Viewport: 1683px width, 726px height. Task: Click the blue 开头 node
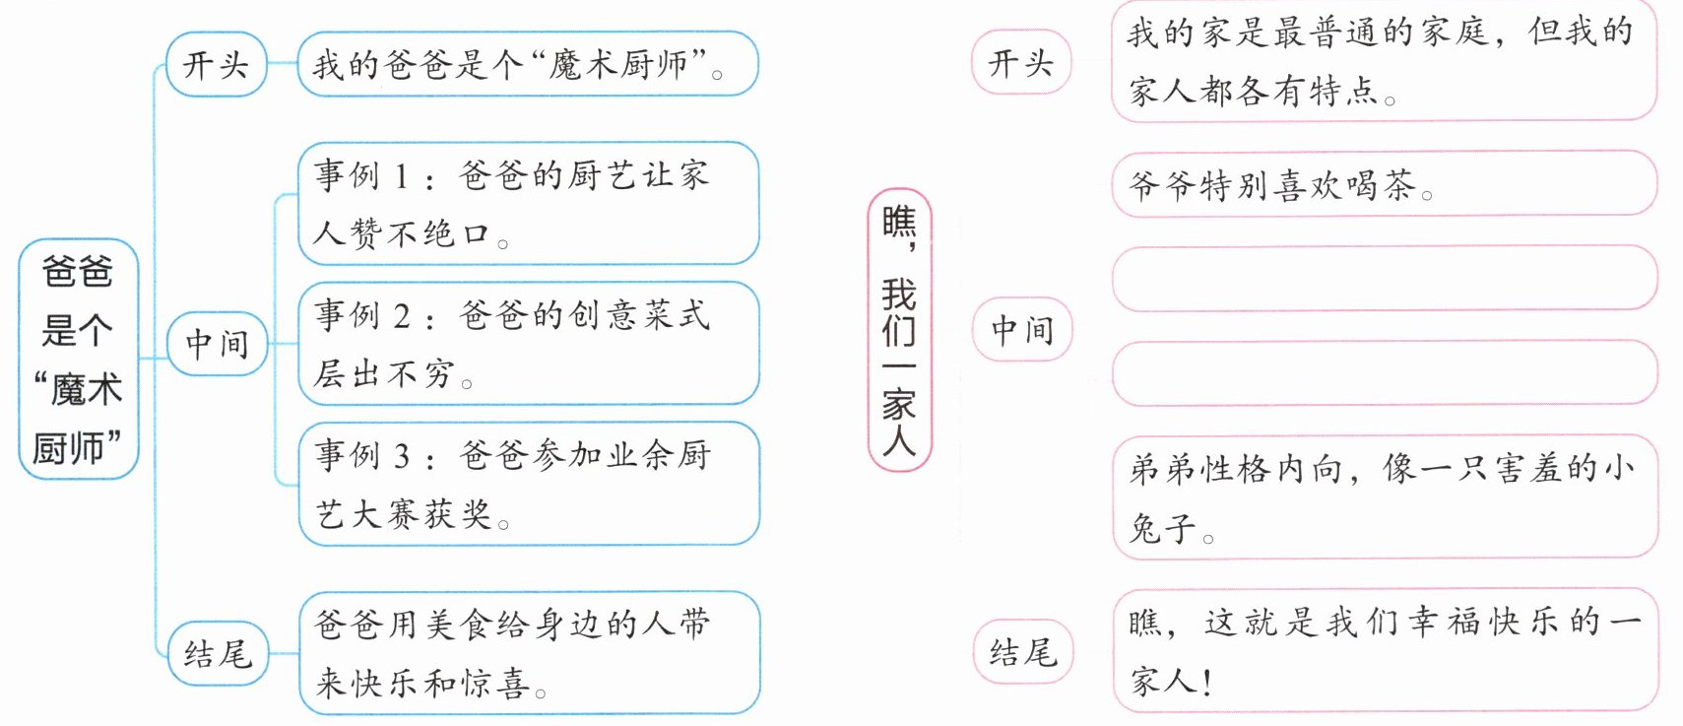pos(216,65)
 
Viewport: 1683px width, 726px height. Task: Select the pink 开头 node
pos(1021,63)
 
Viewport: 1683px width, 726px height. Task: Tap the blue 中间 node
pos(217,344)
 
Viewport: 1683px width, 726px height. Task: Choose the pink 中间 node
pos(1021,329)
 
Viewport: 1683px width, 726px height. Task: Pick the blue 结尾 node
pos(217,653)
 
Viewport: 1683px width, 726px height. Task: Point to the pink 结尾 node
pos(1021,651)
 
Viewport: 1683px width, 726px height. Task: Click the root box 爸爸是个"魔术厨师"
pos(78,360)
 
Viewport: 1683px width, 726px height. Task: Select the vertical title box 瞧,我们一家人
pos(899,330)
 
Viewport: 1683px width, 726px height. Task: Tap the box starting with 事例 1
pos(529,204)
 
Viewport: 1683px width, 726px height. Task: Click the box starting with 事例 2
pos(529,344)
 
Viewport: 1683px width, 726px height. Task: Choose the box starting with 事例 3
pos(529,484)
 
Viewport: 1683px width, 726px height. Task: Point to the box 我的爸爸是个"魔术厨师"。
pos(528,65)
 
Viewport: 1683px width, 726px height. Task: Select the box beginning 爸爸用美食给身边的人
pos(529,652)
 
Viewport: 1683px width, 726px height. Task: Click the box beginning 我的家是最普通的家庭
pos(1384,61)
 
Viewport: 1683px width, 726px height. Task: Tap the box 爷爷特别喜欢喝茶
pos(1384,184)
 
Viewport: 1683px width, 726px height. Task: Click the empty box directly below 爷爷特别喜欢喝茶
pos(1384,279)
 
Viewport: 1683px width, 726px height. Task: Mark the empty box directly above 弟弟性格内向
pos(1384,372)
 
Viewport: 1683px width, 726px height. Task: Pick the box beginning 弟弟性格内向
pos(1384,498)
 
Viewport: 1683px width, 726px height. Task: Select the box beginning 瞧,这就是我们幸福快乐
pos(1384,650)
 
